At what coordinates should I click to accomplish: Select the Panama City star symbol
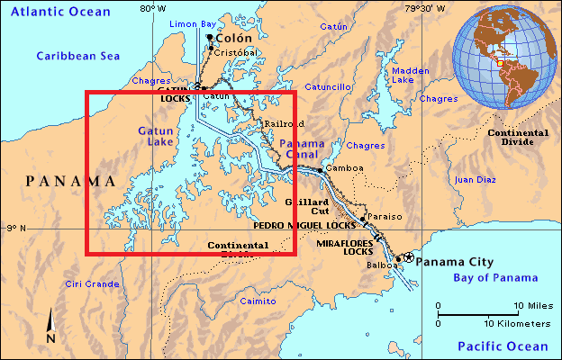point(408,257)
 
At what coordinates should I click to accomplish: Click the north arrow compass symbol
point(50,327)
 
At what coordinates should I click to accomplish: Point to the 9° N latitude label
point(15,229)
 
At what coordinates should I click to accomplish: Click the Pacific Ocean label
point(502,346)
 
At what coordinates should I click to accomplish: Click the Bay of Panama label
point(496,277)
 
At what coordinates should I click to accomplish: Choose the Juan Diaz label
point(475,179)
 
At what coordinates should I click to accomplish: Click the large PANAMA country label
point(70,181)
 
